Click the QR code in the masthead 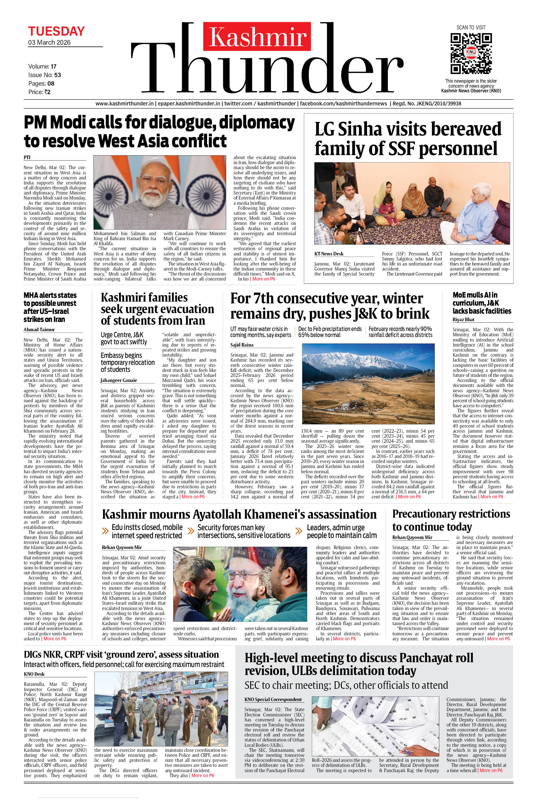coord(471,53)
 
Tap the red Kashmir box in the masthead coord(257,37)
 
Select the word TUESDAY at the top coord(56,31)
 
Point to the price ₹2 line coord(40,92)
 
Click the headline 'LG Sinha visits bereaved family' coord(408,139)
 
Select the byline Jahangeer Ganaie coord(119,380)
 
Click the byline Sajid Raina coord(242,345)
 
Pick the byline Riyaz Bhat coord(463,319)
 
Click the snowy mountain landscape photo coord(368,384)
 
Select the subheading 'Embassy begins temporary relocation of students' coord(128,362)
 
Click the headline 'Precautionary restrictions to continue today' coord(451,520)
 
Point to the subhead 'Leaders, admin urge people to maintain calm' coord(341,531)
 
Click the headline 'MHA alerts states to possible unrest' coord(50,307)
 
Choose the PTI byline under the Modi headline coord(27,157)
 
